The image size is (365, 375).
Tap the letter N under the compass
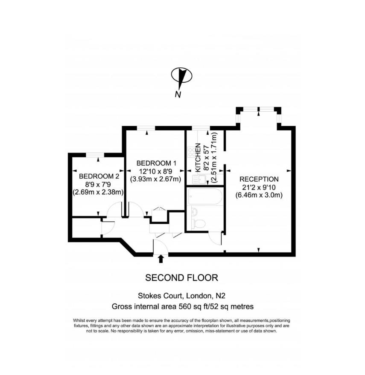point(178,95)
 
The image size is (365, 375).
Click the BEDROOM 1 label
point(156,163)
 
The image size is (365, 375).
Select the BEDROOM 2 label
point(99,176)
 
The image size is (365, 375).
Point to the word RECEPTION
point(259,179)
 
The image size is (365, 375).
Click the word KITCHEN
point(198,158)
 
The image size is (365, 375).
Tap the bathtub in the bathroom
point(205,196)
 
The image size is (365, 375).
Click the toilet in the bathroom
point(199,223)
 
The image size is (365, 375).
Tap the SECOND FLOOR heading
point(182,278)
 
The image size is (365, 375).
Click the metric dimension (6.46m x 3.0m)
point(259,195)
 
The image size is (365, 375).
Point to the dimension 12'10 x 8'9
point(156,171)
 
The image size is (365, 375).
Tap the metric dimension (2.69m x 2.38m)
point(99,192)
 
